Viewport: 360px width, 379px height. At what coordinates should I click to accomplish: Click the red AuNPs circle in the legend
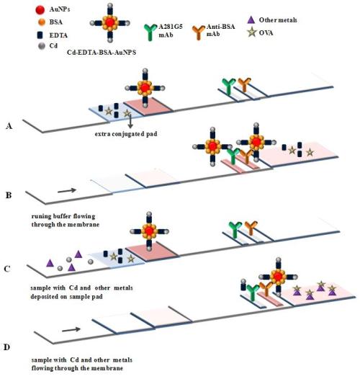tap(40, 10)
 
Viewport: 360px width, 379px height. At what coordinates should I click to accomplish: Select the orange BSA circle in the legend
tap(42, 22)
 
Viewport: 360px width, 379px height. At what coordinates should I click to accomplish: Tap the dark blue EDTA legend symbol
tap(40, 35)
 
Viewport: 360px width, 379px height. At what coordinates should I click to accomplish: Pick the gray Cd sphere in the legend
tap(42, 46)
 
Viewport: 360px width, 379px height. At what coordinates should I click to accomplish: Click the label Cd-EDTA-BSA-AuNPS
tap(102, 52)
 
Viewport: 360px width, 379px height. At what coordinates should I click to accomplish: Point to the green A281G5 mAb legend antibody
tap(150, 32)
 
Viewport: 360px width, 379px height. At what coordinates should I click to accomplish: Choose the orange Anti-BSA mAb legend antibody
tap(199, 32)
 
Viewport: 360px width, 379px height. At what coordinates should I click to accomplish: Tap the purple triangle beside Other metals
tap(251, 20)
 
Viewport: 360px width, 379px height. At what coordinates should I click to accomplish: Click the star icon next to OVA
tap(252, 32)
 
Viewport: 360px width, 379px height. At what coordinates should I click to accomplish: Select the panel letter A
tap(9, 126)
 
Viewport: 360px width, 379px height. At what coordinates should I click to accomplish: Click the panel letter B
tap(9, 195)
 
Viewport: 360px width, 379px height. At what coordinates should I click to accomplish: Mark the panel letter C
tap(7, 269)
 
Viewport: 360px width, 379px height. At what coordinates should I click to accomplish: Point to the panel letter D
tap(6, 347)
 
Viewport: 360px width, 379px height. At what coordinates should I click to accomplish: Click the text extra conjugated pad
tap(126, 134)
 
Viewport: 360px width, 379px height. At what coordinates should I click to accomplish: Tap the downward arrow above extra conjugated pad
tap(130, 120)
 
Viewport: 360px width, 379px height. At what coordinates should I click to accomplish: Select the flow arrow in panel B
tap(67, 191)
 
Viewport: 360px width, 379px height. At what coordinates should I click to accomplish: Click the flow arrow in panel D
tap(71, 329)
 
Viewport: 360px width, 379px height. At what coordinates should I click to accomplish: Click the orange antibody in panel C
tap(251, 228)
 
